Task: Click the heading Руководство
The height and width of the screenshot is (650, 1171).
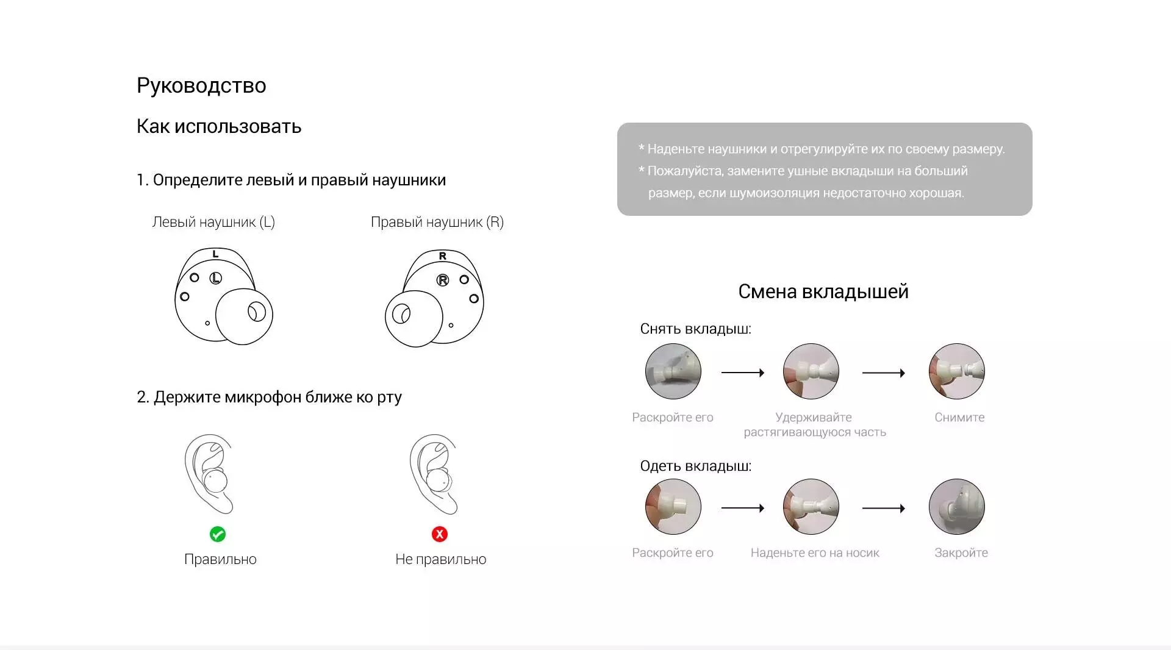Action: [x=201, y=86]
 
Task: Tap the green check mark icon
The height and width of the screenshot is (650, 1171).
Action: [x=218, y=534]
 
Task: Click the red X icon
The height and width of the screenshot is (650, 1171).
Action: [x=440, y=534]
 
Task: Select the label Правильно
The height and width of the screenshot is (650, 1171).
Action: [x=220, y=559]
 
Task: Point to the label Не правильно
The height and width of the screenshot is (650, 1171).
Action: [x=440, y=559]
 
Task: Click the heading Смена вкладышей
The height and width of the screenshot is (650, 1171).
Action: [x=823, y=291]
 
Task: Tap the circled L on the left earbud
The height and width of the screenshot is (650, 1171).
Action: [x=215, y=278]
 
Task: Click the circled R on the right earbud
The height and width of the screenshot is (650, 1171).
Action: [x=443, y=280]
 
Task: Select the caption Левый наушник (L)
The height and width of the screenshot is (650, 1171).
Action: [x=213, y=222]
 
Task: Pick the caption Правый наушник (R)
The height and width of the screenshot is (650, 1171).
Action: [x=437, y=222]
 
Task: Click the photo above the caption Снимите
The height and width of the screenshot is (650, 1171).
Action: [x=957, y=371]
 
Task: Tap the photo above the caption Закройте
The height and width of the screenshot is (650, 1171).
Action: [x=957, y=507]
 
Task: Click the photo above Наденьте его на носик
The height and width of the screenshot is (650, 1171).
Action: [x=811, y=507]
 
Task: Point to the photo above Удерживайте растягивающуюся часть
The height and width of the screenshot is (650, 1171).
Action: [x=811, y=371]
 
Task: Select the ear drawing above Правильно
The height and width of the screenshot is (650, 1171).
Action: [x=209, y=474]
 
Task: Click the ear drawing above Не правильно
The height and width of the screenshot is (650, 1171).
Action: [x=434, y=474]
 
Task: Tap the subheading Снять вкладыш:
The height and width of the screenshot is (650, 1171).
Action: [x=695, y=329]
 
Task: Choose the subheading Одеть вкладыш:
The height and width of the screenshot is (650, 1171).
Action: [x=695, y=466]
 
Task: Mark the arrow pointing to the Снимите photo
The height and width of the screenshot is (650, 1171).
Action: [x=884, y=373]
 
